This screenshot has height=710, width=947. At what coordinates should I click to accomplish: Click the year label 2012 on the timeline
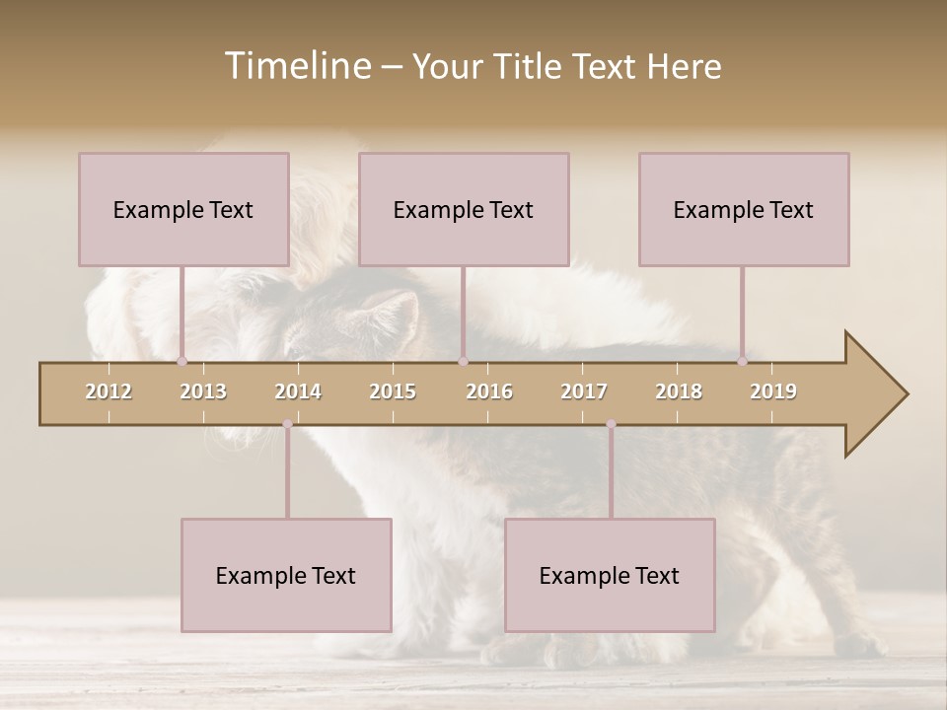109,391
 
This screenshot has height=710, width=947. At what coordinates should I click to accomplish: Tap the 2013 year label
203,391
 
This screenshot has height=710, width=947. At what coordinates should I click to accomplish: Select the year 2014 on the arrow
298,391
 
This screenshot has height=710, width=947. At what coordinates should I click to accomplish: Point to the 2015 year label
393,391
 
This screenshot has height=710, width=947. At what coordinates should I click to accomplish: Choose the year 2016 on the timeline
489,391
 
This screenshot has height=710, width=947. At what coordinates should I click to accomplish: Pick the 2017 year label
584,391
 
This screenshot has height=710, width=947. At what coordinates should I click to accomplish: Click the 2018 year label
679,391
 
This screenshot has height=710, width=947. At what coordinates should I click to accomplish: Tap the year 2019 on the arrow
773,391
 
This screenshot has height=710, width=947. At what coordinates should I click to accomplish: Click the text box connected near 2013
183,209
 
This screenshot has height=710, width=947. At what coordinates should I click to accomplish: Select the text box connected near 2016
464,209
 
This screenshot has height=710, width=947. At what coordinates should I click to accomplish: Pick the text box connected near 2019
744,209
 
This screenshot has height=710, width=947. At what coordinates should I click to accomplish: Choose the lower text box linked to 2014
286,575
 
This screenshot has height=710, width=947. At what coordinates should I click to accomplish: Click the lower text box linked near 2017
610,575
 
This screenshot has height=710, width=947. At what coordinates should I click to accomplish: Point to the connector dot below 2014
287,424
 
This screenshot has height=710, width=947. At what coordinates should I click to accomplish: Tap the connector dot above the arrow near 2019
743,362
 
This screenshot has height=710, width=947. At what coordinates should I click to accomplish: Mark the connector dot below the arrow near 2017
611,424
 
